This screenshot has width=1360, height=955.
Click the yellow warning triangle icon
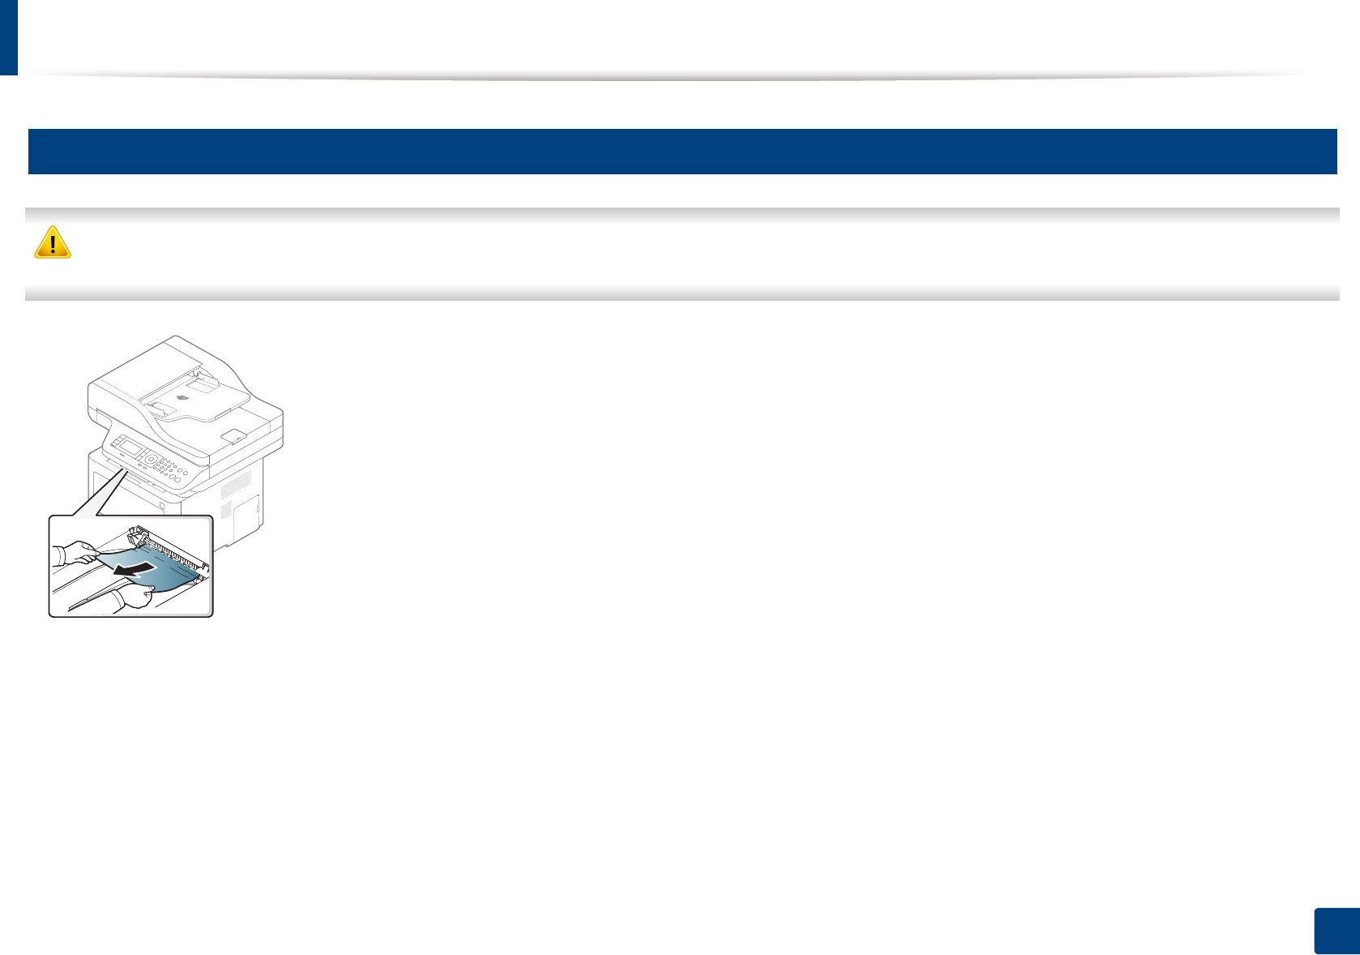point(53,242)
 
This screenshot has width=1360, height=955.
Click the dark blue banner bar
point(682,152)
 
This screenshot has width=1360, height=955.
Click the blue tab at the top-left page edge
point(8,37)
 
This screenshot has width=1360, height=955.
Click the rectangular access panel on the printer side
point(246,519)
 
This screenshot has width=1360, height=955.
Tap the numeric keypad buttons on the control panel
point(166,468)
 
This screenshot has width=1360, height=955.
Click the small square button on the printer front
point(162,506)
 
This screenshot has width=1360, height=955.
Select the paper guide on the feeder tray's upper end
point(203,376)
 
